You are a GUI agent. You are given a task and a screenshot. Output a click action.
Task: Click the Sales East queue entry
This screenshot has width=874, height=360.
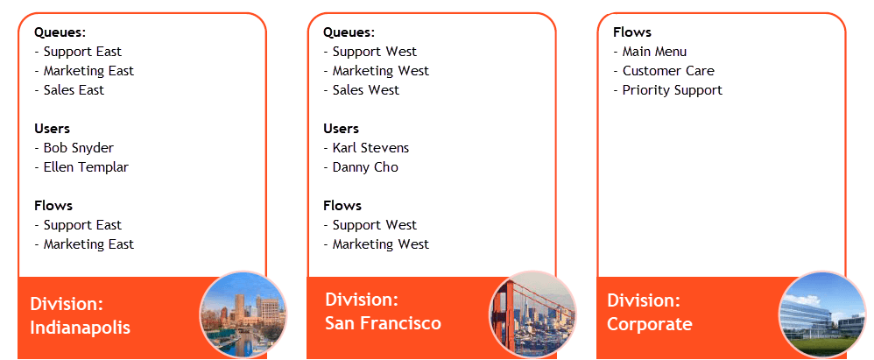[x=74, y=90]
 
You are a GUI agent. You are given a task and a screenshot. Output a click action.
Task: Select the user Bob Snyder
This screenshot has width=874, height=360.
[x=79, y=148]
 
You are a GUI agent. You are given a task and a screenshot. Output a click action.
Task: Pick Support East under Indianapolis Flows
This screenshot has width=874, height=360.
[x=82, y=225]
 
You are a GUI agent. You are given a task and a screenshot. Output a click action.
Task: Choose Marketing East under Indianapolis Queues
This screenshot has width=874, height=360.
[x=88, y=71]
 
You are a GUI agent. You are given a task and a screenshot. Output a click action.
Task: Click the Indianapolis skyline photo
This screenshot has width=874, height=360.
[x=243, y=314]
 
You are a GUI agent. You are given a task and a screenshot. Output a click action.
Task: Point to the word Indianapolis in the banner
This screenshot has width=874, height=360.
[x=81, y=328]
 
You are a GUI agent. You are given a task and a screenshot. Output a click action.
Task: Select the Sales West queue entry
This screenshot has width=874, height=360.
[x=366, y=90]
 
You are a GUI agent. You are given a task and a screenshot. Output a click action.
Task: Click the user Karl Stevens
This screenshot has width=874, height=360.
[x=370, y=148]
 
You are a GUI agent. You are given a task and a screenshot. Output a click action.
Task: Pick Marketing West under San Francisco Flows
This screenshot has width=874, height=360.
[x=381, y=244]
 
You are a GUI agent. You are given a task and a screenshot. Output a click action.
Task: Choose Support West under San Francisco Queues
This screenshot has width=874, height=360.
[x=375, y=52]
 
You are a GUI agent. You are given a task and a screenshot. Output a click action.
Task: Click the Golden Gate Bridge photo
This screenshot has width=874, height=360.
[x=532, y=314]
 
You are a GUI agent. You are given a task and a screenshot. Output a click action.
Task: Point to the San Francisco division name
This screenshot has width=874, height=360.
[x=383, y=323]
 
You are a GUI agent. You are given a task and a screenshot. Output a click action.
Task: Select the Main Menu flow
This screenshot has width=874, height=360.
[x=654, y=52]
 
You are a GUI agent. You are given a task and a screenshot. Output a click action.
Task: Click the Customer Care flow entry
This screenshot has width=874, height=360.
[x=668, y=71]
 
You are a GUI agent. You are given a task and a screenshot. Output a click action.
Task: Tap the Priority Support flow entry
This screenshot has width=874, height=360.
[x=673, y=90]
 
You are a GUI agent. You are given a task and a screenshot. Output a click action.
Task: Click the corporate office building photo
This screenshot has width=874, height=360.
[x=822, y=314]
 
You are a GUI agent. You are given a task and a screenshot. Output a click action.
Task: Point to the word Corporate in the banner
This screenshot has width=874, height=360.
[x=649, y=324]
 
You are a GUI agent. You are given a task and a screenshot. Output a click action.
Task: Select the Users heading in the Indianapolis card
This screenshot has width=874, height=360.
[x=52, y=129]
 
